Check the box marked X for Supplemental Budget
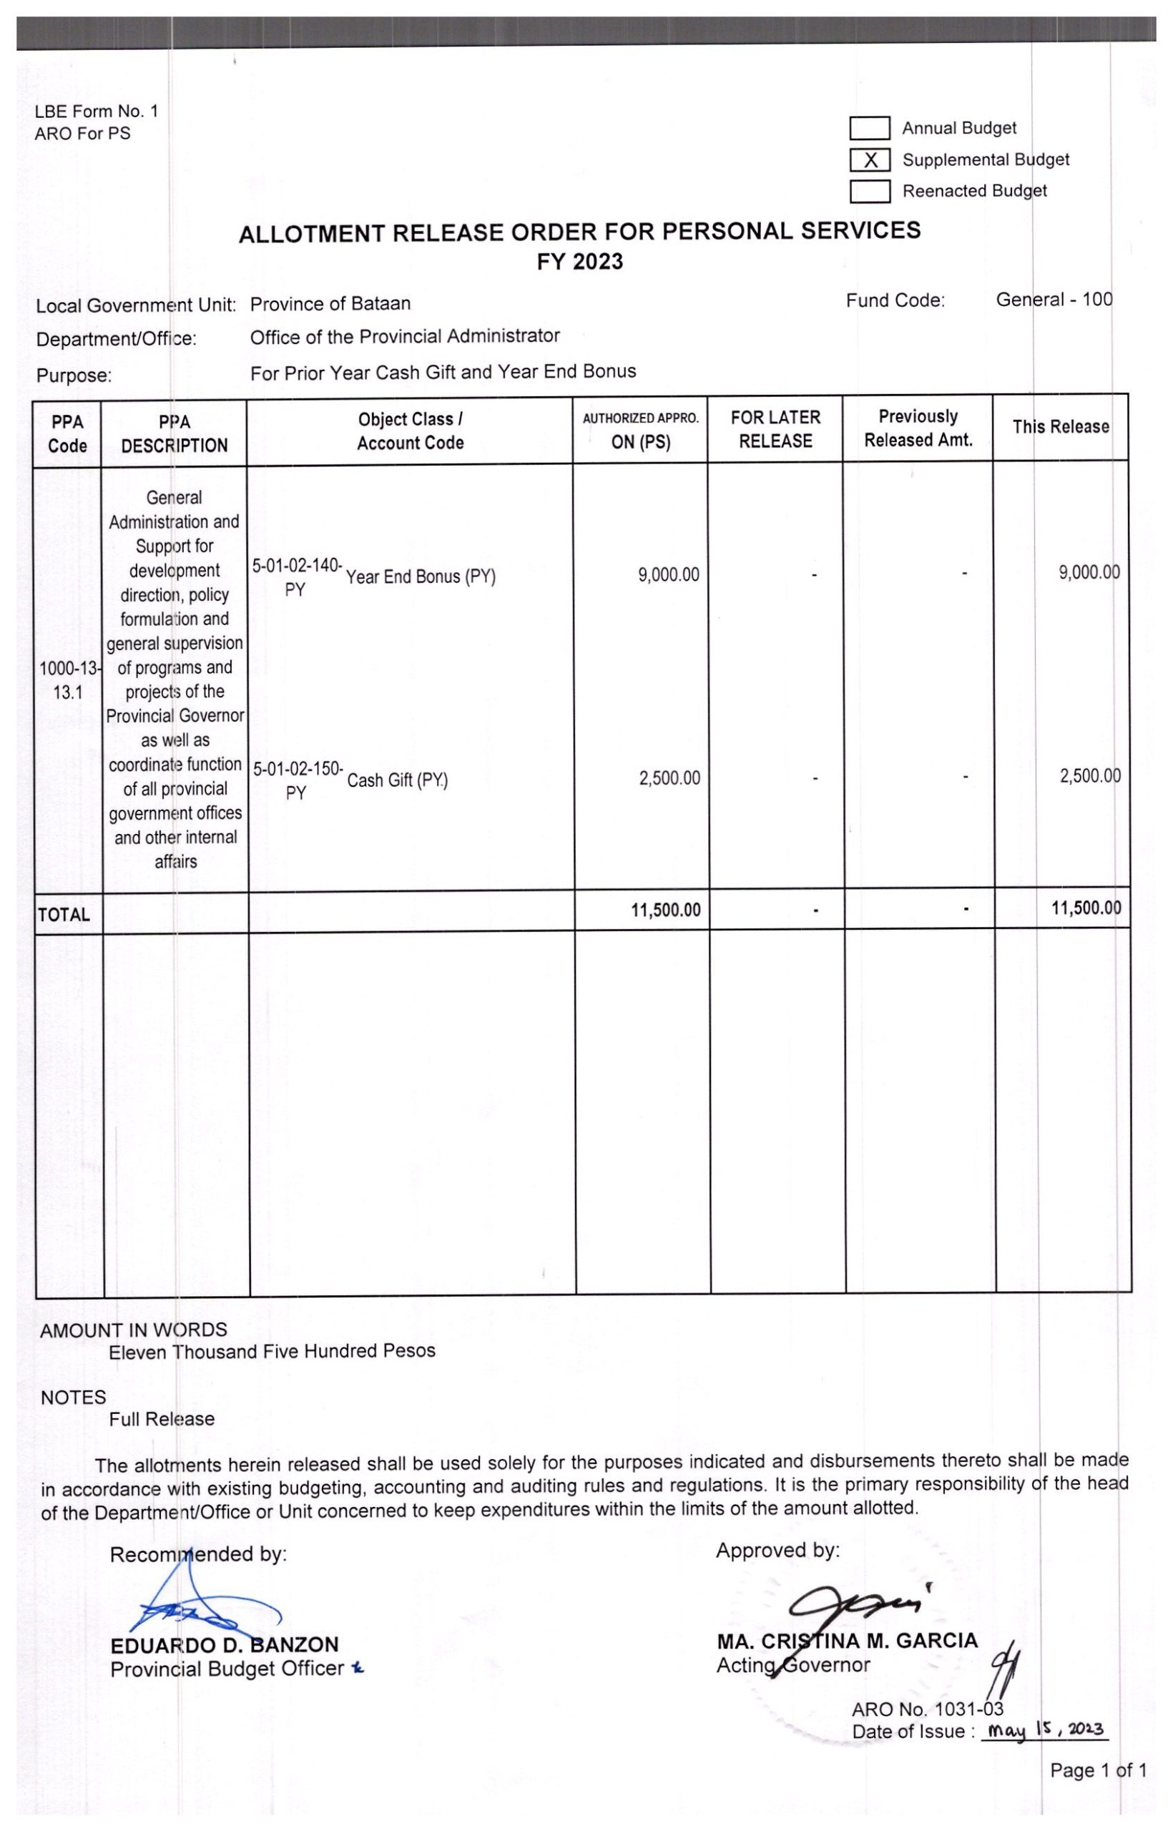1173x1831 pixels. point(870,160)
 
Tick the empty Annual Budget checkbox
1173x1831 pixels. point(870,129)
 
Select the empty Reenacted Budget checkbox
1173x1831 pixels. point(870,191)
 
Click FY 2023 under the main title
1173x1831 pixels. point(579,262)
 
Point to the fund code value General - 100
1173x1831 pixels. point(1054,300)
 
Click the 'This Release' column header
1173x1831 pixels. point(1060,427)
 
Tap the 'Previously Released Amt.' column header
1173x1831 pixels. point(918,428)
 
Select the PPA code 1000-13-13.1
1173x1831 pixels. point(68,681)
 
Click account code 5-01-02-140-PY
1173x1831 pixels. point(297,577)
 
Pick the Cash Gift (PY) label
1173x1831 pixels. point(397,781)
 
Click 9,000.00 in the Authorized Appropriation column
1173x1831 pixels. point(668,575)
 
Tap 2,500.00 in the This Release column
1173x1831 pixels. point(1089,777)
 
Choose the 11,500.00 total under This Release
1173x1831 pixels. point(1086,908)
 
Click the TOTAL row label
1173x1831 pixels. point(64,915)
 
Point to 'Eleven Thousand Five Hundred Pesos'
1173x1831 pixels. point(272,1351)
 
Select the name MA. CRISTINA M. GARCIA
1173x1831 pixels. point(846,1641)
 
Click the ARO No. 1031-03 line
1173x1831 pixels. point(927,1710)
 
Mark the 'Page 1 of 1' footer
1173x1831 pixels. point(1098,1771)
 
